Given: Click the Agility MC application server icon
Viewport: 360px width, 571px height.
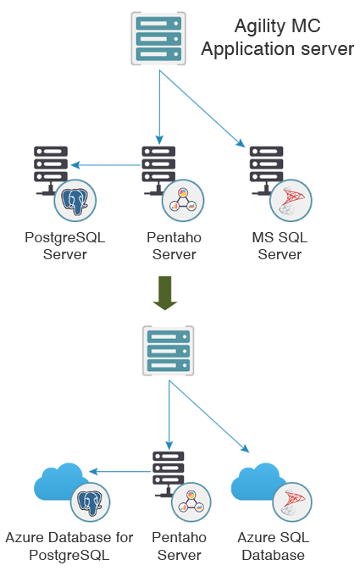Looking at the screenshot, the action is pyautogui.click(x=158, y=39).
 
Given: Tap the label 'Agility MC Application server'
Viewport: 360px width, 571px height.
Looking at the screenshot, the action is pyautogui.click(x=277, y=37).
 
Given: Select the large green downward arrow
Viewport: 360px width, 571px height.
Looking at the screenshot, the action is pyautogui.click(x=165, y=293).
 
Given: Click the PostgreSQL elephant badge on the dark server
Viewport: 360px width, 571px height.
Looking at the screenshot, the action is pyautogui.click(x=75, y=200).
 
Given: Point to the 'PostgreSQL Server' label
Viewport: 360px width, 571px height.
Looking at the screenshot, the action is pyautogui.click(x=64, y=246).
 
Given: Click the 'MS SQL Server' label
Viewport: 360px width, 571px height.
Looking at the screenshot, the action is pyautogui.click(x=280, y=246).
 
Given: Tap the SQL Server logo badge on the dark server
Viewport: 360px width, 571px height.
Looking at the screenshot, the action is pyautogui.click(x=291, y=200).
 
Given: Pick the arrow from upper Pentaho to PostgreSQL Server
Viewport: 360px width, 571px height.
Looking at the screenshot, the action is pyautogui.click(x=106, y=165).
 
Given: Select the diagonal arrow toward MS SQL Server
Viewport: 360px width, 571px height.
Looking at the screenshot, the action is pyautogui.click(x=202, y=108).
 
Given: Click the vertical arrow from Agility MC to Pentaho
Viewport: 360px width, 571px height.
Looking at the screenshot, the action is pyautogui.click(x=159, y=107).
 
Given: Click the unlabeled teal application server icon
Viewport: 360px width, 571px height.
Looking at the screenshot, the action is pyautogui.click(x=169, y=351).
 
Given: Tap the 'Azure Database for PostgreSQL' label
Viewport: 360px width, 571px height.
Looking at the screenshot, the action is pyautogui.click(x=69, y=546).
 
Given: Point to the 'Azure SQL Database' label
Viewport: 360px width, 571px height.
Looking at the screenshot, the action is pyautogui.click(x=274, y=546).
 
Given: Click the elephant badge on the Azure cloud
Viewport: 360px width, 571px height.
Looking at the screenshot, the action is pyautogui.click(x=90, y=502).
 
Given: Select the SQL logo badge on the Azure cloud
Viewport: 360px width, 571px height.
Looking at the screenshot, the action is pyautogui.click(x=292, y=502).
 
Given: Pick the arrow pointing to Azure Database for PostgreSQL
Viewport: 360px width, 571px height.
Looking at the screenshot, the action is pyautogui.click(x=119, y=472).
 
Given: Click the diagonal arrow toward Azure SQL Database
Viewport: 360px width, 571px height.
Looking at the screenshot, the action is pyautogui.click(x=209, y=416).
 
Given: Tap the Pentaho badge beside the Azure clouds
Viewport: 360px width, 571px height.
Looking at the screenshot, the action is pyautogui.click(x=191, y=502).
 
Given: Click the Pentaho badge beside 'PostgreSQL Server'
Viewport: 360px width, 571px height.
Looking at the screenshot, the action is pyautogui.click(x=183, y=200).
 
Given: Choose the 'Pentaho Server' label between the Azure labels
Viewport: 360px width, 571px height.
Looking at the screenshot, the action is pyautogui.click(x=179, y=546).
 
